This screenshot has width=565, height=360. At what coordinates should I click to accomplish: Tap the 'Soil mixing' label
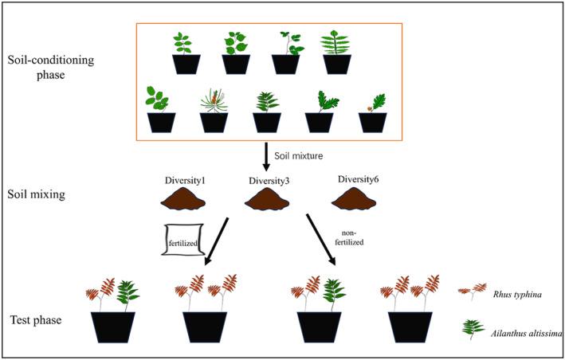(36, 194)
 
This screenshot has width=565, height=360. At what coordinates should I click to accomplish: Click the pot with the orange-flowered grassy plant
(214, 122)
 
